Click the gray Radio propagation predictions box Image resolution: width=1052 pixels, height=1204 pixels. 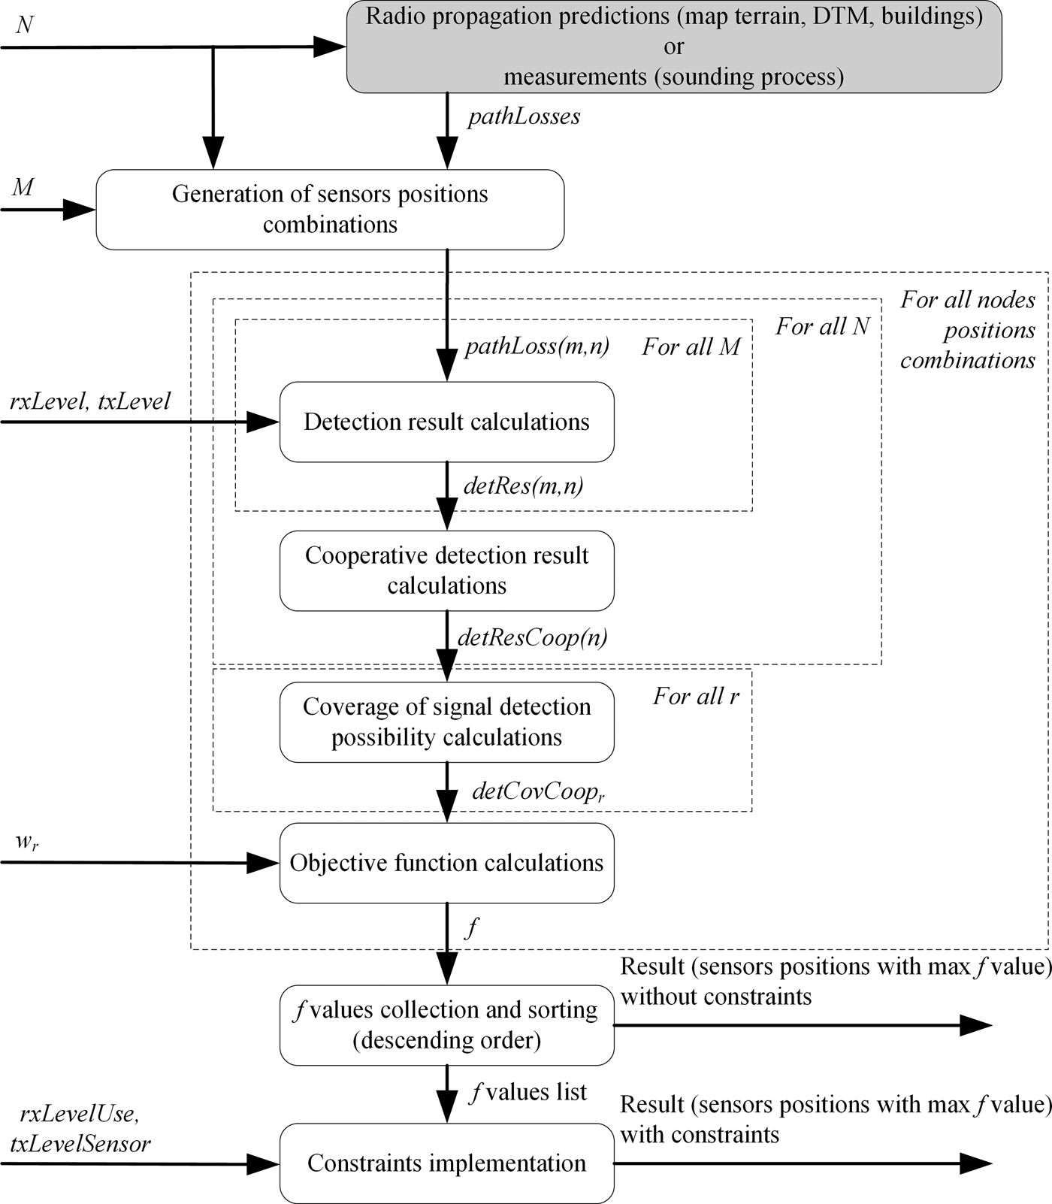pos(673,47)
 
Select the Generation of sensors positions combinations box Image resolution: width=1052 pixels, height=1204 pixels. pos(330,210)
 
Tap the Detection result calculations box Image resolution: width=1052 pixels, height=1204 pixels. pos(446,422)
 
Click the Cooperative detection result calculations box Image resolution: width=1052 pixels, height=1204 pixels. pos(446,570)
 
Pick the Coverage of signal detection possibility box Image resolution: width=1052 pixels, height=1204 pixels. pos(446,722)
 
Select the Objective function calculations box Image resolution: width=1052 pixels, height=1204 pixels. pos(446,863)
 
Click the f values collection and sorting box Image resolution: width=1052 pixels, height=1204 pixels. pos(446,1025)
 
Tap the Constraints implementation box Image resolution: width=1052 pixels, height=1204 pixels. pos(446,1163)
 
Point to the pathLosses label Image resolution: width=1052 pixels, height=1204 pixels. pos(524,117)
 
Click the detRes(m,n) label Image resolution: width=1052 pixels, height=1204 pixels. pos(523,486)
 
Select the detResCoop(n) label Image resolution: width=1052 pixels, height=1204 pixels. pos(532,638)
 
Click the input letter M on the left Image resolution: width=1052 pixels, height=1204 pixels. pos(23,186)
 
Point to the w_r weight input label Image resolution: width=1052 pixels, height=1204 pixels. pos(27,842)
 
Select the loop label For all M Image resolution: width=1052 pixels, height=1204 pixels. pos(691,346)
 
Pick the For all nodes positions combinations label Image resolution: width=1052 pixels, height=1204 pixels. pos(968,331)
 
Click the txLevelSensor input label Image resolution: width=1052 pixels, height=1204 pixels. pos(80,1144)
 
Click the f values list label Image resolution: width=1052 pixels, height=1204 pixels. pos(528,1092)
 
